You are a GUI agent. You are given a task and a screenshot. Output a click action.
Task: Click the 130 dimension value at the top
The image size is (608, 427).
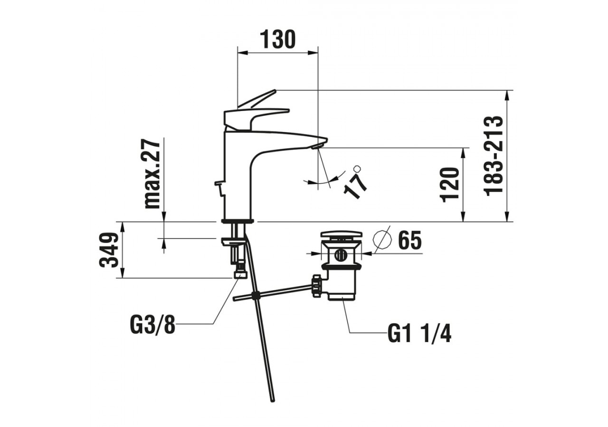(278, 39)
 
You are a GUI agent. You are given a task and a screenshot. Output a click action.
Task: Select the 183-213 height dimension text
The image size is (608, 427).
(494, 155)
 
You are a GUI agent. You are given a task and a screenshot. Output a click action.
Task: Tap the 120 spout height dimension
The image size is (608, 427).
(451, 185)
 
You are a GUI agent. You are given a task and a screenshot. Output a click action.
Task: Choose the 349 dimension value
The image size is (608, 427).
(109, 250)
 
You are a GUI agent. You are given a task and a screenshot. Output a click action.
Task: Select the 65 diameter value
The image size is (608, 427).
(409, 241)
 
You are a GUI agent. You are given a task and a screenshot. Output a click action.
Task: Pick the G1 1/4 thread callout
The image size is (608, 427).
(419, 334)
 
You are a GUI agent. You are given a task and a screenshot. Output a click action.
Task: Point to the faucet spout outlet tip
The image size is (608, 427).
(318, 146)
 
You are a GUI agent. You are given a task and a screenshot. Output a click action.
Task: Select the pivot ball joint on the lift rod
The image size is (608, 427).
(256, 296)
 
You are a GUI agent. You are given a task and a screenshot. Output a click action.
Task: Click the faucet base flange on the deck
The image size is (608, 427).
(237, 221)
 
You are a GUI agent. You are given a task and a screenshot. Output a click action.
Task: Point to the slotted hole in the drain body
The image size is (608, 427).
(340, 255)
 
